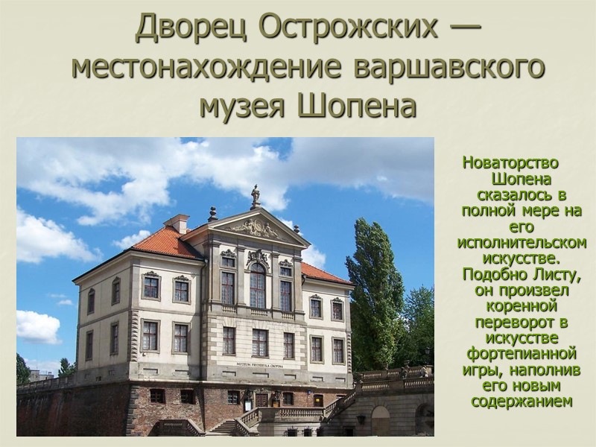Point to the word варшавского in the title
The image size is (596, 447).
coord(448,68)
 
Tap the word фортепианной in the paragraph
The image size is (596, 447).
coord(520,351)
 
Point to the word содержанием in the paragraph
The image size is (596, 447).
coord(521,402)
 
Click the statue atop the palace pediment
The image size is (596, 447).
coord(256,196)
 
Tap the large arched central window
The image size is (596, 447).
coord(257,286)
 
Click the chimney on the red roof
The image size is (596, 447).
coord(177,223)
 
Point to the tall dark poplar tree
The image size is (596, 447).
coord(376,291)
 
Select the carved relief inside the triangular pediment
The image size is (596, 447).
coord(255,228)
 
